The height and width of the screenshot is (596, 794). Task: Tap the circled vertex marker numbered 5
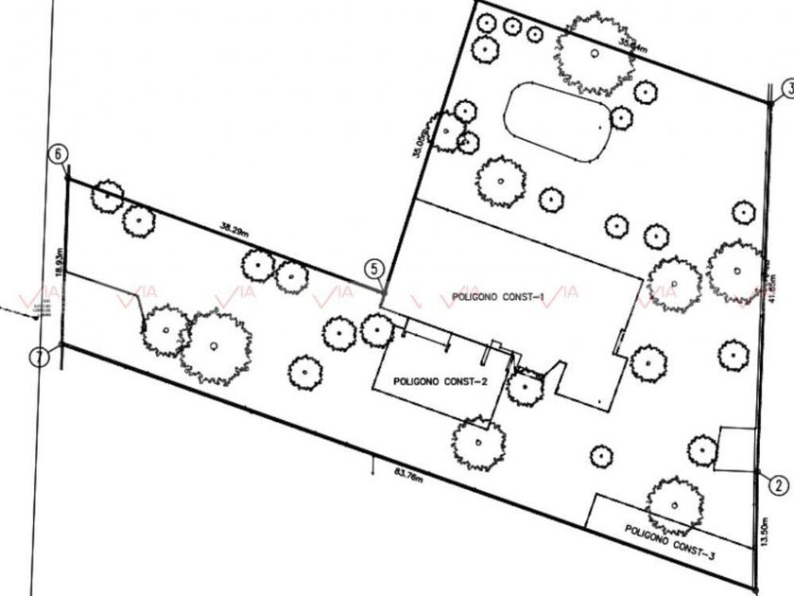pyautogui.click(x=375, y=270)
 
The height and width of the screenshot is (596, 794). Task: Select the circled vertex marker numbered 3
pyautogui.click(x=786, y=90)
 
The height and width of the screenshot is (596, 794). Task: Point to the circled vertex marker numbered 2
pyautogui.click(x=777, y=485)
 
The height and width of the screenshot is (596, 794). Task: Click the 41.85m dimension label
pyautogui.click(x=773, y=284)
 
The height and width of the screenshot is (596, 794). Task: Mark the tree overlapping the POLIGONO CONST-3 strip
pyautogui.click(x=676, y=505)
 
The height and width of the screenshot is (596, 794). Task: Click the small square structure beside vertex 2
pyautogui.click(x=735, y=448)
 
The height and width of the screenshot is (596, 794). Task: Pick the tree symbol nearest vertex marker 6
pyautogui.click(x=107, y=195)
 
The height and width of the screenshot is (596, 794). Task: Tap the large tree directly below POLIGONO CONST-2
pyautogui.click(x=478, y=441)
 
